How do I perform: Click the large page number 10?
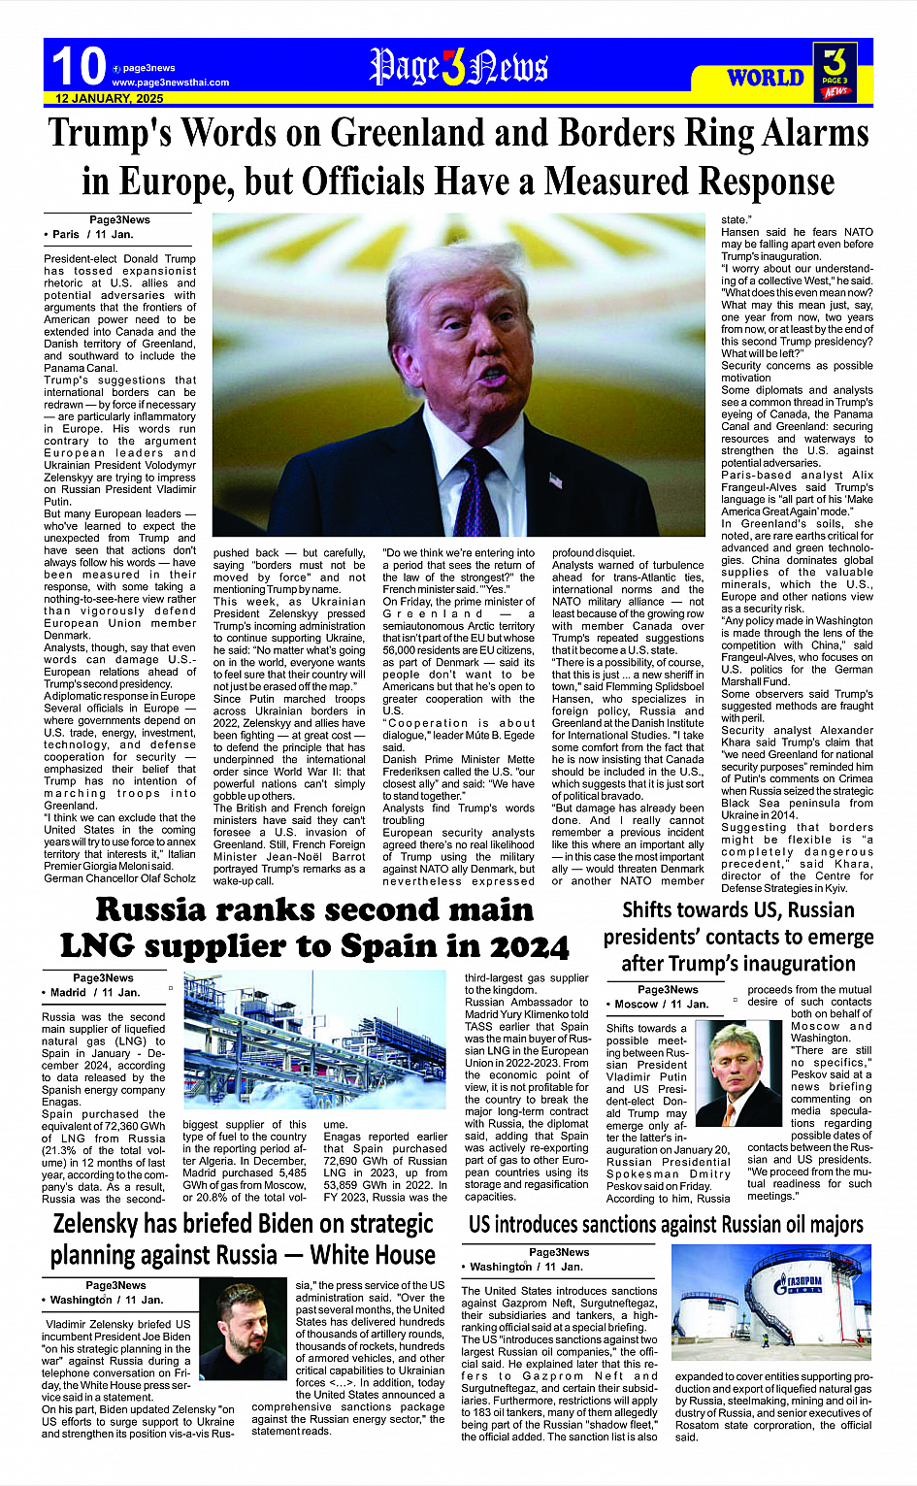78,67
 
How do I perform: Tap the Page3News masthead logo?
458,67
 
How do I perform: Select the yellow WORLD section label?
766,78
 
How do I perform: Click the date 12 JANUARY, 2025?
109,99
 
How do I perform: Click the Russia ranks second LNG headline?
314,928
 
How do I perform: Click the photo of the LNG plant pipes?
314,1040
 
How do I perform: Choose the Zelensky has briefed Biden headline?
243,1239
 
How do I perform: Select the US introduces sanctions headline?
666,1225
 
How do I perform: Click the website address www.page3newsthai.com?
170,83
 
